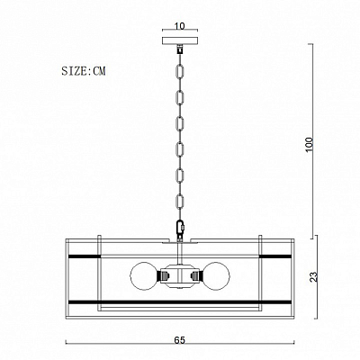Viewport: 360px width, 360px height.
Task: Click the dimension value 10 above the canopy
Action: coord(179,26)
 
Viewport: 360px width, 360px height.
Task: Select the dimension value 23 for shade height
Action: coord(313,276)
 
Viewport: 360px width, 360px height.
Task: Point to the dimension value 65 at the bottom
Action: coord(179,340)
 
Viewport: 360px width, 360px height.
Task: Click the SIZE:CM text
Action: coord(84,71)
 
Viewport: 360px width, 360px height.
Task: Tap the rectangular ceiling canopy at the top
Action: coord(180,40)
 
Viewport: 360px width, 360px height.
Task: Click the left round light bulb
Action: coord(144,276)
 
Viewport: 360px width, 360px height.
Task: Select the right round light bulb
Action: coord(216,276)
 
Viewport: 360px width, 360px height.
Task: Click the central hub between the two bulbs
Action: coord(180,276)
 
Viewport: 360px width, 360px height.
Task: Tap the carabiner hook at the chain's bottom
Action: coord(180,228)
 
